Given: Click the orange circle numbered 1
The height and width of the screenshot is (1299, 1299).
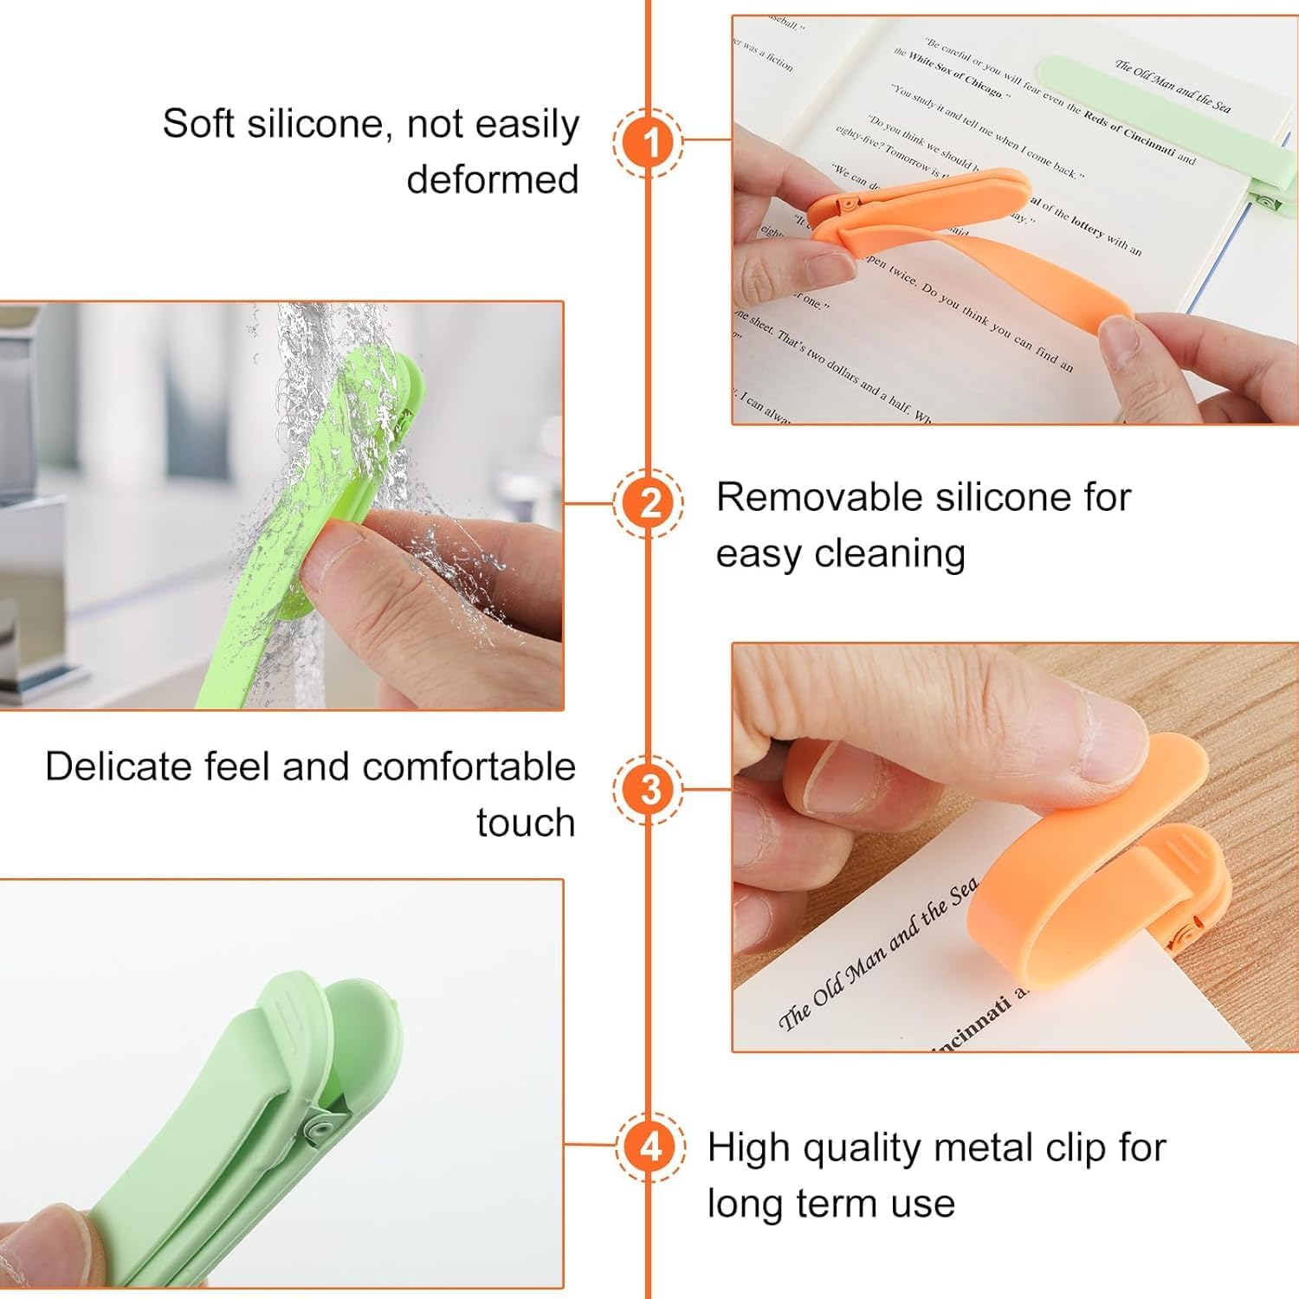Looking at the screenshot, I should [649, 141].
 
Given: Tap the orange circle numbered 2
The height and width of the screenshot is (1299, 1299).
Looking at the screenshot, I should [649, 502].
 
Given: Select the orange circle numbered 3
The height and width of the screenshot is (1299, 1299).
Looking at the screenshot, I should [649, 789].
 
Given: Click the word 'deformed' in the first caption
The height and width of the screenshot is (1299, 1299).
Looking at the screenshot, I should [492, 179].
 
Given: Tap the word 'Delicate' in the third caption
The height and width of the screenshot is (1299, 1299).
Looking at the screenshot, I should [117, 767].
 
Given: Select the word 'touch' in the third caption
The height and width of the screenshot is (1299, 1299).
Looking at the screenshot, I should [526, 823].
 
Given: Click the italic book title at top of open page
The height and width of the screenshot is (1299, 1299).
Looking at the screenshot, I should [1172, 87].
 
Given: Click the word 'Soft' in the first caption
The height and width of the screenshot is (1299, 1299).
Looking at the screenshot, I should [198, 124].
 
